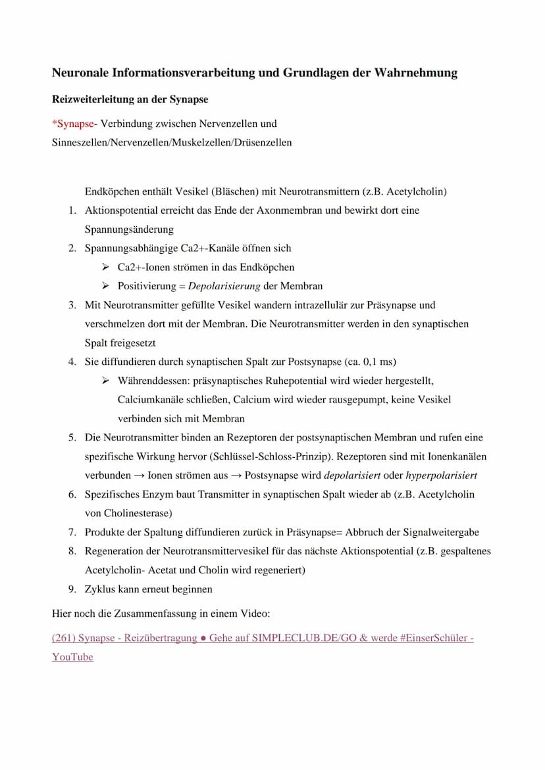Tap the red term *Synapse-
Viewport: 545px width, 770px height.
(x=74, y=124)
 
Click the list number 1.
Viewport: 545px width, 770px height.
(x=71, y=211)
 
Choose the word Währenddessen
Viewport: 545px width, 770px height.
(x=153, y=381)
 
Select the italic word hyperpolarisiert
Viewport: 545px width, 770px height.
(x=442, y=475)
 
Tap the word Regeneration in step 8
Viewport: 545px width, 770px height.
(x=114, y=551)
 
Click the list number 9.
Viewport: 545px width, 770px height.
(x=71, y=589)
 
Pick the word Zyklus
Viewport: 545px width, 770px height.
(x=100, y=589)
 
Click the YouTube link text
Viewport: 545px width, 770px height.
(x=72, y=657)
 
